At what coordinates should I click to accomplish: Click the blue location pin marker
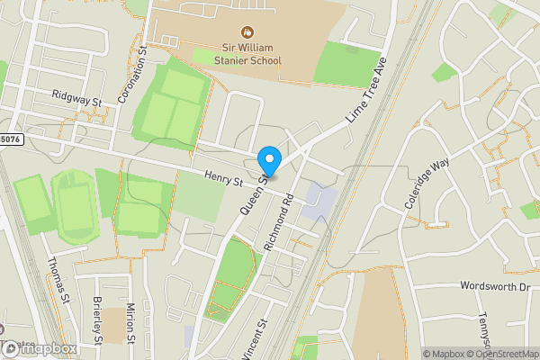[x=268, y=161]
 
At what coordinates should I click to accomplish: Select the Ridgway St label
[x=76, y=97]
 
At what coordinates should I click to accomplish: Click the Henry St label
[x=224, y=180]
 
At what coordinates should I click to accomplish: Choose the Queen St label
[x=251, y=193]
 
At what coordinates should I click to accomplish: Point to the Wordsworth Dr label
[x=494, y=286]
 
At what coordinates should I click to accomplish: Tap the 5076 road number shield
[x=9, y=139]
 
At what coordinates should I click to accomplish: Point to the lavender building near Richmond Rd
[x=320, y=203]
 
